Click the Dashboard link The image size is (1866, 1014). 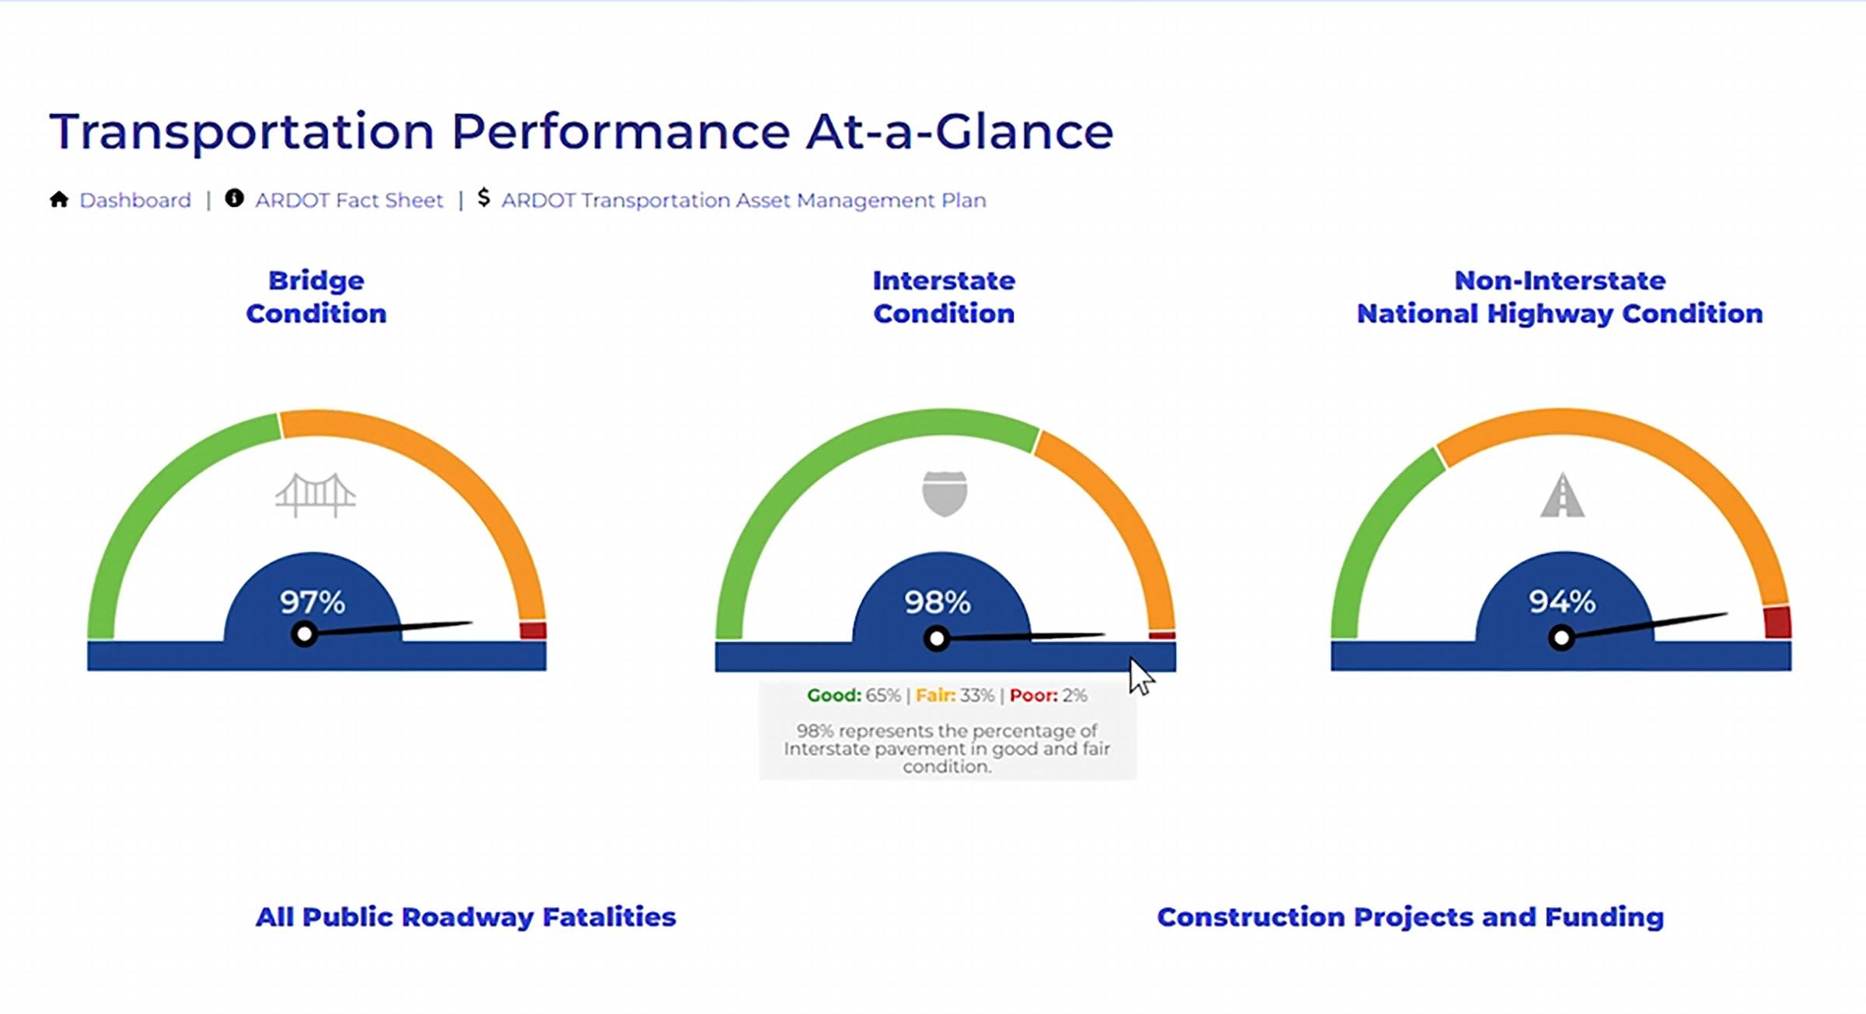tap(135, 201)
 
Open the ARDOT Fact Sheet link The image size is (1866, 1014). tap(349, 201)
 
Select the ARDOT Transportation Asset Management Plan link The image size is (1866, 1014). tap(743, 201)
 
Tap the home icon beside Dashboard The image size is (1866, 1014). tap(59, 200)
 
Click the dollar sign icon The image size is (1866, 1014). tap(484, 198)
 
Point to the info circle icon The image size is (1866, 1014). tap(234, 198)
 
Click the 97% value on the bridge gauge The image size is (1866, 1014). tap(313, 602)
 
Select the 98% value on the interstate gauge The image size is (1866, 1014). tap(937, 602)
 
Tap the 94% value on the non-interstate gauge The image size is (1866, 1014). tap(1562, 601)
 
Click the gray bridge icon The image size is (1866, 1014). tap(316, 495)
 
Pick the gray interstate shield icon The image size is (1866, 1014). tap(945, 494)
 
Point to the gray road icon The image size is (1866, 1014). tap(1563, 495)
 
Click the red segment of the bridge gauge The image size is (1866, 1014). tap(533, 630)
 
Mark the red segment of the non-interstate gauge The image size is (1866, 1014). tap(1777, 622)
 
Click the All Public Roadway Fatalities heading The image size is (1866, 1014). tap(466, 917)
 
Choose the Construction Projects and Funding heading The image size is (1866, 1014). tap(1410, 917)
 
